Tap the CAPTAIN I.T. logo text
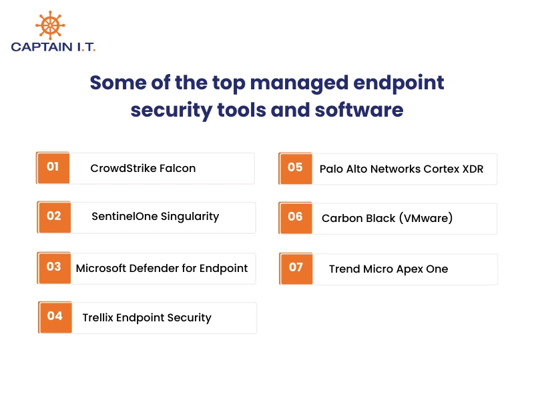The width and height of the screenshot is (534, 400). point(53,47)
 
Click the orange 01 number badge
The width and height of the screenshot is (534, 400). point(53,167)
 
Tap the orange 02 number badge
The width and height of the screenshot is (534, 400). point(54,217)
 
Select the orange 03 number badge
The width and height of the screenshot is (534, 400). point(54,267)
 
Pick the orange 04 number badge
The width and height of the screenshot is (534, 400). point(55,317)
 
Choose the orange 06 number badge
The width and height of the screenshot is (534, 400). point(296,217)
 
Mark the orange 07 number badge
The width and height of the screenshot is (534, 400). point(296,268)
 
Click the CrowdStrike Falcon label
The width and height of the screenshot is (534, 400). point(143,168)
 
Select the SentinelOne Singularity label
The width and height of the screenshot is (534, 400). point(155,217)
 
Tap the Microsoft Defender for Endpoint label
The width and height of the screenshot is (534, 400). point(162,268)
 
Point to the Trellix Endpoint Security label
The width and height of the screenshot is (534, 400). point(147,317)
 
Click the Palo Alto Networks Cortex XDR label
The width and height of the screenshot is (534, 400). point(401,169)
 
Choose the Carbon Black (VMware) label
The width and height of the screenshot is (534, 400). point(387,218)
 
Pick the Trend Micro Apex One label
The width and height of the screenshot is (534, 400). point(388,269)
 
